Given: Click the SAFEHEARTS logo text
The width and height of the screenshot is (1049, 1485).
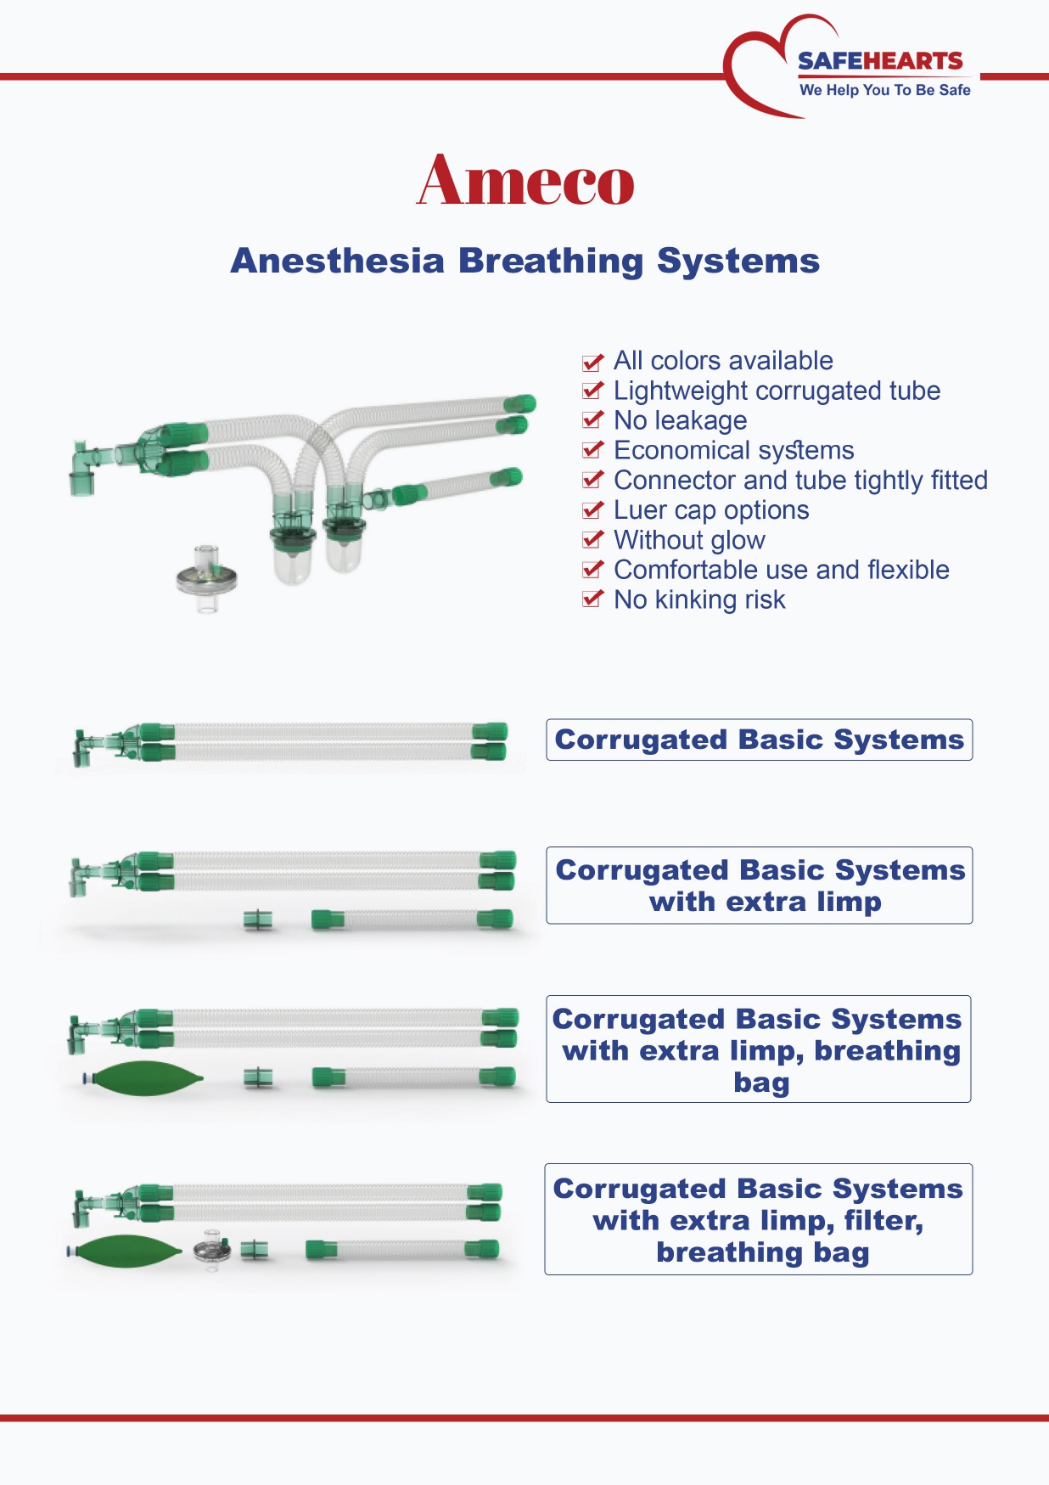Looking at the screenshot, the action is [x=880, y=61].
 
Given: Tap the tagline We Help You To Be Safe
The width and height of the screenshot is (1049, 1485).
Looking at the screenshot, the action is [x=884, y=90].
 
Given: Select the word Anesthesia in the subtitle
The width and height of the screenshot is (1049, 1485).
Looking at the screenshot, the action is [x=338, y=261].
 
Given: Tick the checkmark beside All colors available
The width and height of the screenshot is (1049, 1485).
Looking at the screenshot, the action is [x=592, y=362].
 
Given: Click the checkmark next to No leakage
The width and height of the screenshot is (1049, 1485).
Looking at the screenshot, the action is [x=592, y=420].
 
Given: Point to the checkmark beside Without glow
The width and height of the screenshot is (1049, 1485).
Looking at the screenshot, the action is [x=592, y=540].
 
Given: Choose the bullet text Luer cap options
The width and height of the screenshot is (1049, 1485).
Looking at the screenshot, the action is [x=711, y=510].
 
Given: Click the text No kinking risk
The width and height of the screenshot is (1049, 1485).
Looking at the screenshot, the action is [x=699, y=599].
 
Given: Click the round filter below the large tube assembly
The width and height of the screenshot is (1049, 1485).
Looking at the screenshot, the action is [x=207, y=578].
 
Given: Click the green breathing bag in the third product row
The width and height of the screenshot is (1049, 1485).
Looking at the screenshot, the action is [x=144, y=1079].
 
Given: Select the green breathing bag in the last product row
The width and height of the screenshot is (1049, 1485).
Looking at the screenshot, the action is [x=126, y=1250].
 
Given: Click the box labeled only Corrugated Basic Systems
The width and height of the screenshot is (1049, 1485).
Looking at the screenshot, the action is [x=759, y=740].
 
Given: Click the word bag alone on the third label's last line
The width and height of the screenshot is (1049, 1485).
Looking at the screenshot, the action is [x=761, y=1083].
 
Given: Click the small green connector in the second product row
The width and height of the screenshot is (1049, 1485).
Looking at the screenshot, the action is [x=258, y=920].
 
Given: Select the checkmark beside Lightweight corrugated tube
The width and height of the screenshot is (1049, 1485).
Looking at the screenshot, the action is [x=592, y=391].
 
